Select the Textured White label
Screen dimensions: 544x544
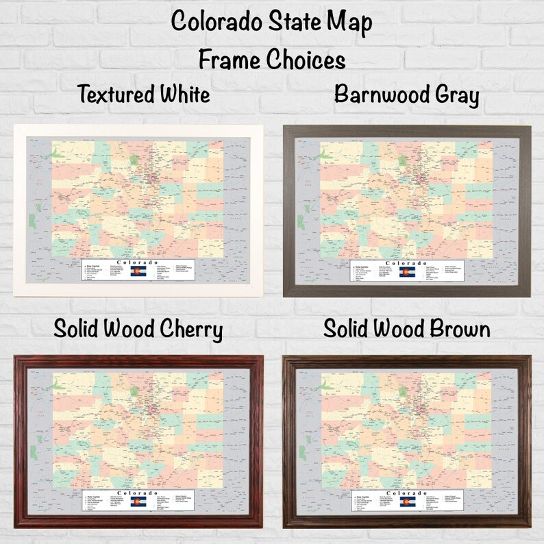[x=143, y=94]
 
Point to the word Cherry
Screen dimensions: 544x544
[x=188, y=330]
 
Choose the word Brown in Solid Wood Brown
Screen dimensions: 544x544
[x=458, y=330]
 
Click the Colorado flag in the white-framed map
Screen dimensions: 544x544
[x=138, y=272]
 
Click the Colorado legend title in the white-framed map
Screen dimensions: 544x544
[x=138, y=262]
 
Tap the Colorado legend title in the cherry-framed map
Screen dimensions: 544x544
[x=138, y=493]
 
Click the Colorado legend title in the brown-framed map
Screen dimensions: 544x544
[x=404, y=493]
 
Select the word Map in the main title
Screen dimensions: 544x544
[x=352, y=23]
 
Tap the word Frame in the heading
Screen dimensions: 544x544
[x=227, y=60]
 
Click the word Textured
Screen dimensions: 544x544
[x=115, y=94]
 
